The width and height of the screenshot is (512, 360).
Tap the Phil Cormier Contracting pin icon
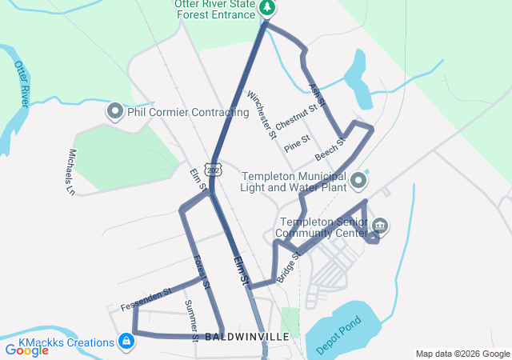tap(114, 112)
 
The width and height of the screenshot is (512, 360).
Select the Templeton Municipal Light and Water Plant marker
tap(358, 187)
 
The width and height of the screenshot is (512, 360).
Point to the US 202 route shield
tap(212, 170)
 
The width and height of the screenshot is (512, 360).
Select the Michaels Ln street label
tap(70, 172)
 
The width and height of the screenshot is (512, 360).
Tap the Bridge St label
tap(288, 268)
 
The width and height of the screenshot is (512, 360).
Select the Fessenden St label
tap(146, 300)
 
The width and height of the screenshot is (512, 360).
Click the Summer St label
tap(191, 317)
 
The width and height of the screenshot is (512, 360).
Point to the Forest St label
tap(202, 272)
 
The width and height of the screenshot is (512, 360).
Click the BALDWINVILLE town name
tap(246, 338)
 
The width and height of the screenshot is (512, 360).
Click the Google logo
tap(26, 350)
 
